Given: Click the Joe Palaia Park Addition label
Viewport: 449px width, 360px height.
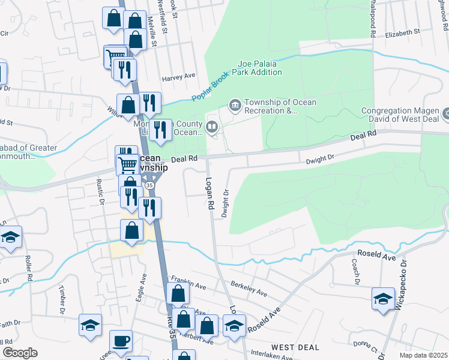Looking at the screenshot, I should pos(259,68).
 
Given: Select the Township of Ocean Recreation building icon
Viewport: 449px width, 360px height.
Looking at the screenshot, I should pos(235,106).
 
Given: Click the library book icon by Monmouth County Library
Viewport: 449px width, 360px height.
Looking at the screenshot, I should pos(211,127).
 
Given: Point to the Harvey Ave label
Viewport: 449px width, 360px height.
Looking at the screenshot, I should pos(179,77).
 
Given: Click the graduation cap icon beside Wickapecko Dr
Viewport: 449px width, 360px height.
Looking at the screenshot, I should pos(383,299).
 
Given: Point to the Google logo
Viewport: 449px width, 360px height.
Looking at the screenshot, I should pos(20,353).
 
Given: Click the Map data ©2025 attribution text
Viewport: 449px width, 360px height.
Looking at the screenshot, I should pos(423,355).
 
